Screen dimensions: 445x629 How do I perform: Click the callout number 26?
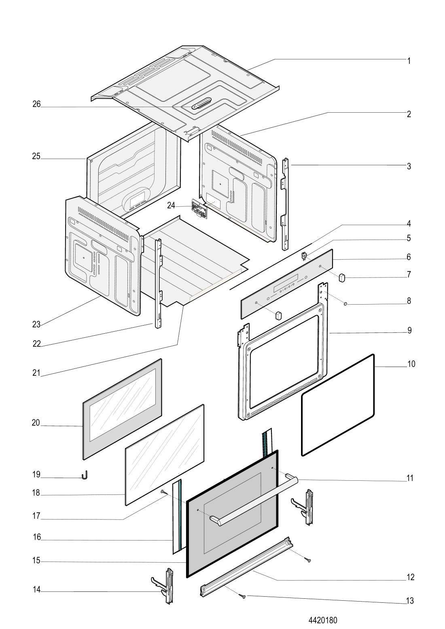tap(36, 104)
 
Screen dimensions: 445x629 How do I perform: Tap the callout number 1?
tap(409, 61)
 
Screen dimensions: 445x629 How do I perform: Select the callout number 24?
tap(171, 206)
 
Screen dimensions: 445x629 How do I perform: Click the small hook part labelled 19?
tap(85, 475)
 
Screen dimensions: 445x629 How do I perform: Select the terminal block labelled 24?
tap(199, 209)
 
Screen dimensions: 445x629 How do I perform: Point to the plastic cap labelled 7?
tap(342, 278)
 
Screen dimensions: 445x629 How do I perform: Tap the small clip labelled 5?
tap(303, 256)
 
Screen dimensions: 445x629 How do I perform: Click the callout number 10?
tap(411, 364)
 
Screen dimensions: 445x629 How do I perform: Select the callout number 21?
tap(36, 373)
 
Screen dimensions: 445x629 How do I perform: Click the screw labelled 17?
tap(163, 492)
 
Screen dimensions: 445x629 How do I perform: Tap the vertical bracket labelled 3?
tap(285, 204)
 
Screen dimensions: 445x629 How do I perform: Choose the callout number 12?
tap(411, 577)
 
